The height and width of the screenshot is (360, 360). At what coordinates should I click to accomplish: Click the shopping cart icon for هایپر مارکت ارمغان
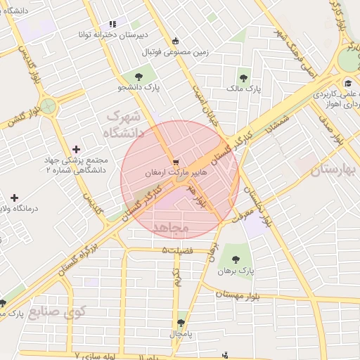coord(176,161)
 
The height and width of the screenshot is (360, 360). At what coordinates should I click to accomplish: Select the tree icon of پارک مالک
coord(244,78)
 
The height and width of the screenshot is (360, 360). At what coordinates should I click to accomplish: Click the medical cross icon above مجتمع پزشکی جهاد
coord(76,149)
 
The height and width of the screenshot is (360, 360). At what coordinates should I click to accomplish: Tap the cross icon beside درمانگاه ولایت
coord(14,198)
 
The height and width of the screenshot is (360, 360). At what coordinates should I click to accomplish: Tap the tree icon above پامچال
coord(181,323)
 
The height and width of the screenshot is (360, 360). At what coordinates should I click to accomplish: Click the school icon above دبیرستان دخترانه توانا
coord(112,23)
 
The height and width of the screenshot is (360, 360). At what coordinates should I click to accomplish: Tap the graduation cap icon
coord(348,82)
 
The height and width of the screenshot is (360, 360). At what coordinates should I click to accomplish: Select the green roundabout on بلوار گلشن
coord(48,107)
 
